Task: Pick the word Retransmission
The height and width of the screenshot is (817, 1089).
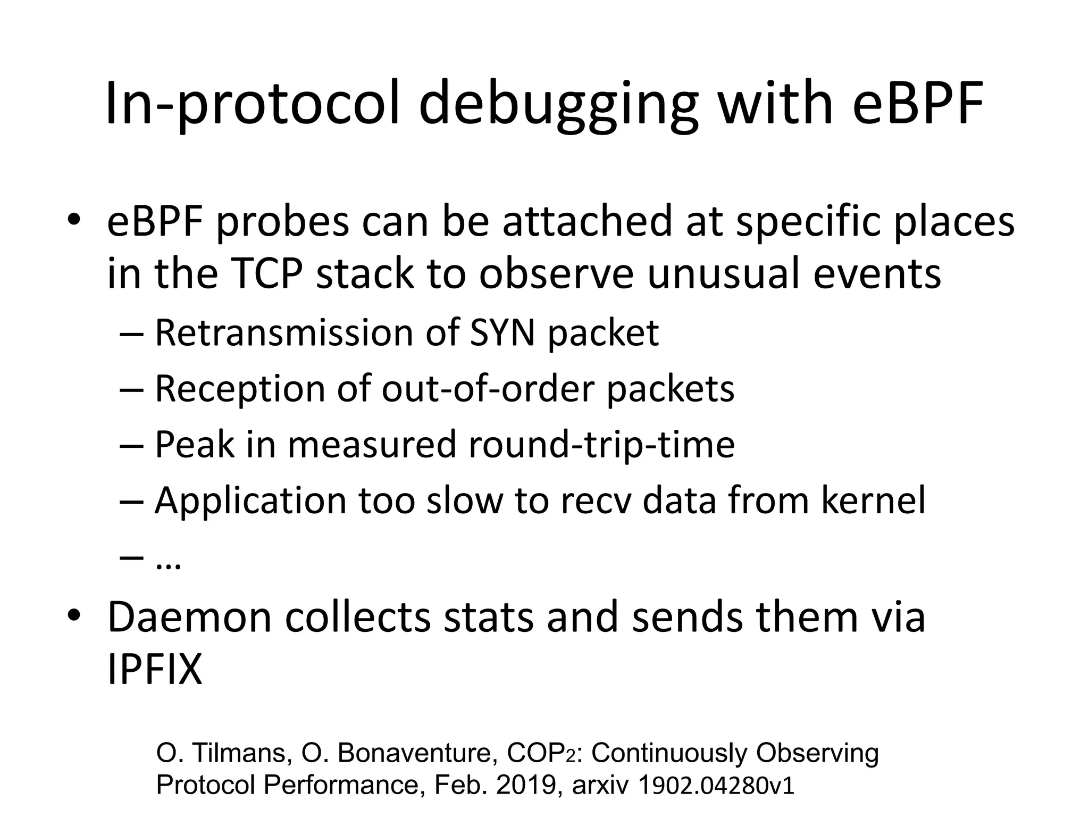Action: click(x=284, y=334)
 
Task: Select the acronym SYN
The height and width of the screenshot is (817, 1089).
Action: click(x=501, y=334)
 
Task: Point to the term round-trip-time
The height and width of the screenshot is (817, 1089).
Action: click(x=602, y=445)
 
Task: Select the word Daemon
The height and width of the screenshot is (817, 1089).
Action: click(x=189, y=618)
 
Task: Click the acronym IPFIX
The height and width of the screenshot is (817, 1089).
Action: click(x=155, y=671)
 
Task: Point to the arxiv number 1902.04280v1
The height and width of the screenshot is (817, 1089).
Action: click(x=715, y=786)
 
